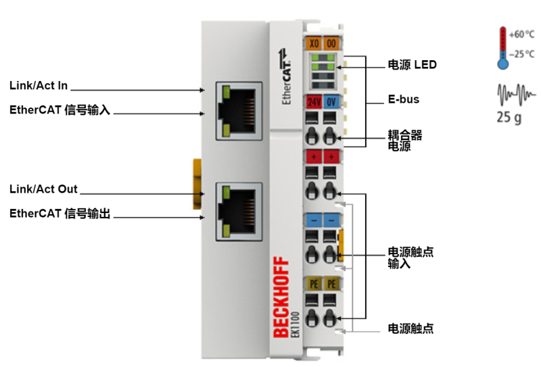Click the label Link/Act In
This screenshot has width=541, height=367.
[39, 86]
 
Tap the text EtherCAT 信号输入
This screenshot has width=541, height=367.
[60, 109]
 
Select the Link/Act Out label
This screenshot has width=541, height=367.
[43, 189]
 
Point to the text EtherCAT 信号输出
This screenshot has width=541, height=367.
[60, 214]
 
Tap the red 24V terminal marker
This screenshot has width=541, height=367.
[314, 102]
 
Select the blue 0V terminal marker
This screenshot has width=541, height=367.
[331, 102]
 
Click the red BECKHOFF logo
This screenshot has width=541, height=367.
[281, 298]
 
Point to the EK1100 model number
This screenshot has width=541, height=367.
[295, 324]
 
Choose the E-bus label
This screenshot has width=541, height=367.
[403, 99]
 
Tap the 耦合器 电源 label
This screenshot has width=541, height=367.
[405, 141]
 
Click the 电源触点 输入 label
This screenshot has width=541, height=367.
[410, 258]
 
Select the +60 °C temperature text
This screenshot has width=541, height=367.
[521, 34]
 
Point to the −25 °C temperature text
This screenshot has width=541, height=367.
[521, 53]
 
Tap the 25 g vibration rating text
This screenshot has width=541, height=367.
[509, 117]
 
